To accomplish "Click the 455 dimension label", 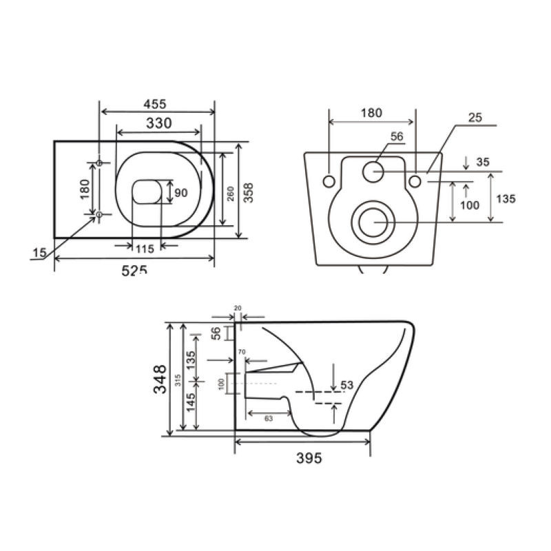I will tap(156, 104).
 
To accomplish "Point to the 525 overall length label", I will tap(134, 270).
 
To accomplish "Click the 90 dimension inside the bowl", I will tap(180, 193).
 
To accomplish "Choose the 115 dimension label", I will tap(145, 247).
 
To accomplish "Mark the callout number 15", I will tap(39, 254).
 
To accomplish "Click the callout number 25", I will tap(475, 118).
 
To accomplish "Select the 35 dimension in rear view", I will tap(482, 163).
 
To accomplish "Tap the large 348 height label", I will tap(160, 379).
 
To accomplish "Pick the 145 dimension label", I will tap(190, 408).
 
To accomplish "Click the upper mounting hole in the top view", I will tap(99, 163).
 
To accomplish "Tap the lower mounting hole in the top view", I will tap(99, 215).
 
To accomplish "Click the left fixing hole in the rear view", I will tap(329, 180).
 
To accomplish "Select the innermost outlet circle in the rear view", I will tap(374, 222).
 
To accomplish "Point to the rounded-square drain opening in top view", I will tap(145, 193).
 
